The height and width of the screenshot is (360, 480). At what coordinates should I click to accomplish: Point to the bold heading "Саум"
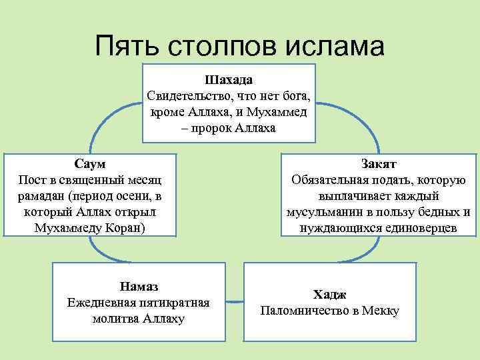[90, 164]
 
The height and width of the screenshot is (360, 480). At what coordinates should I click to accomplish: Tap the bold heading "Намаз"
[139, 287]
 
